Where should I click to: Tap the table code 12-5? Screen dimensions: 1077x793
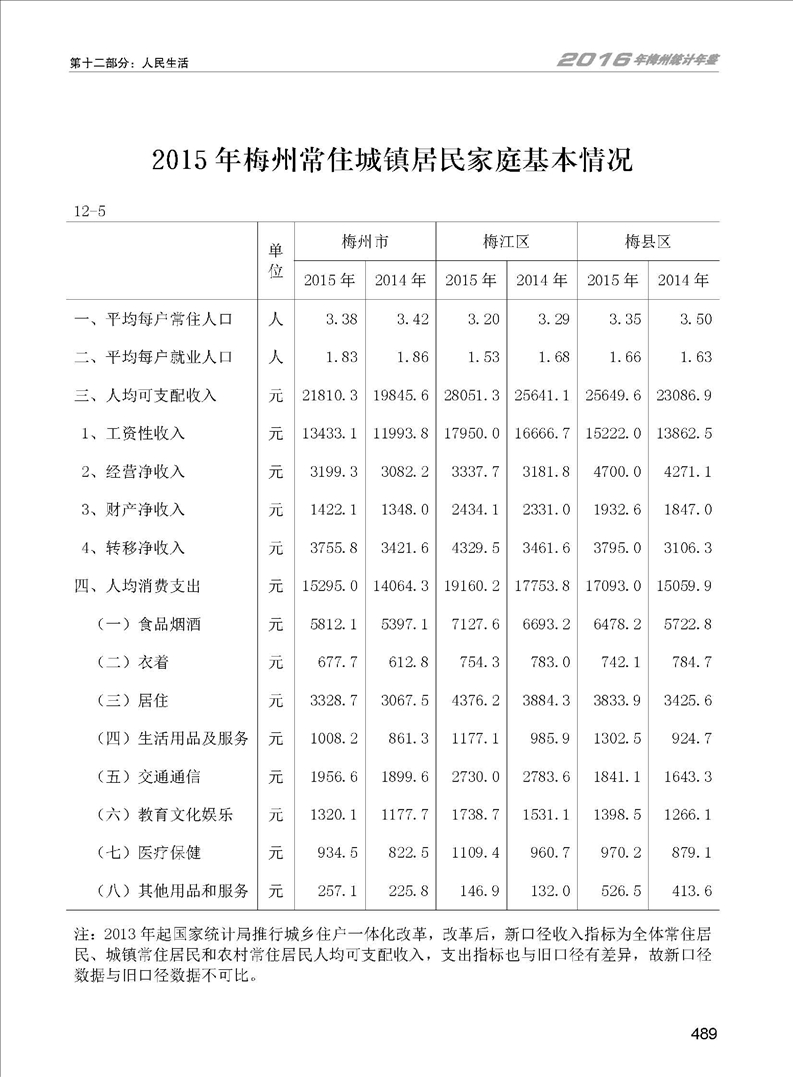coord(90,210)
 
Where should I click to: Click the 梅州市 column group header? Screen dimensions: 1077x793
coord(364,242)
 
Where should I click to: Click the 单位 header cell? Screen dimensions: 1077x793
coord(277,260)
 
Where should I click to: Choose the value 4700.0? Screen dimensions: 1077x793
coord(615,472)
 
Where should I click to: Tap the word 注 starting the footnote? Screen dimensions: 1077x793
coord(82,934)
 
